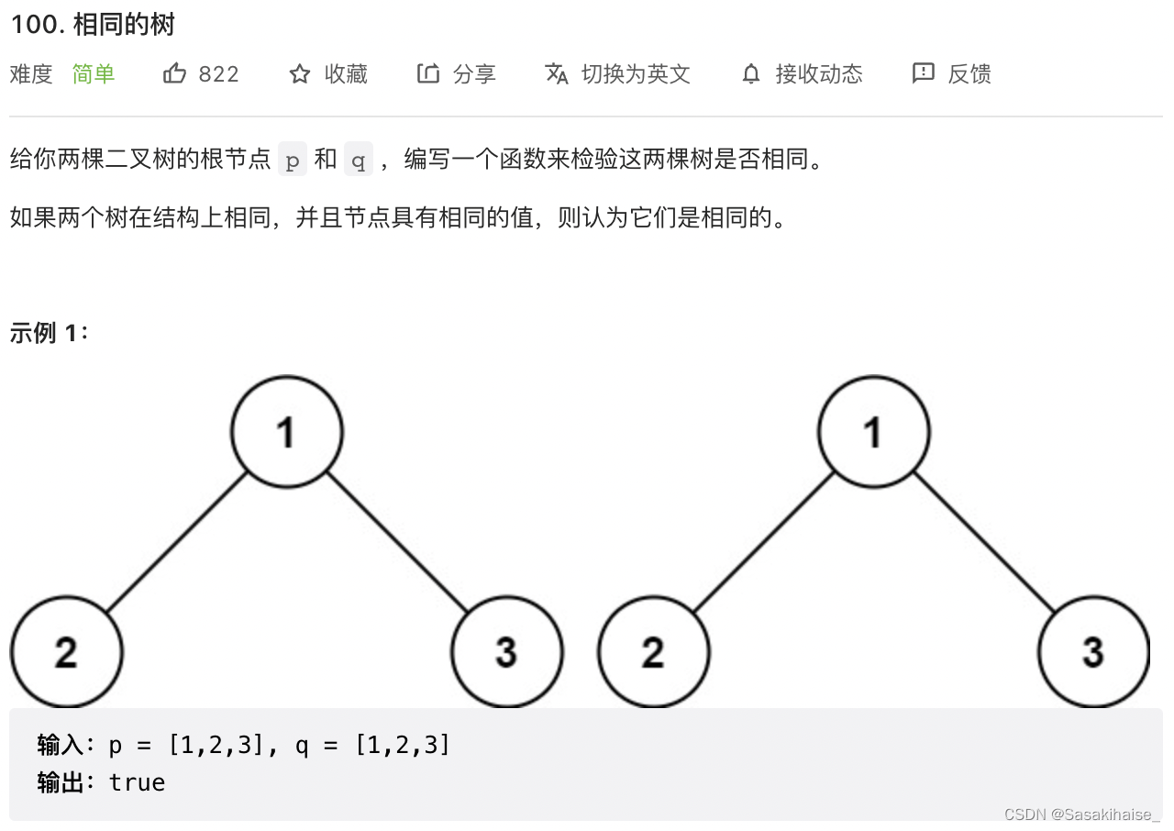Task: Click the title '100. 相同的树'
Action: click(92, 25)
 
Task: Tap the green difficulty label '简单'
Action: click(94, 74)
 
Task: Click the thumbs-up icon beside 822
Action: click(174, 73)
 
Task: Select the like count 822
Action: click(218, 74)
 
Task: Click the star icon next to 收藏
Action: click(300, 74)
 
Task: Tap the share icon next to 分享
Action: click(428, 73)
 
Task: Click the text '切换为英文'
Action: click(636, 74)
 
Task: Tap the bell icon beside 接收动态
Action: click(751, 74)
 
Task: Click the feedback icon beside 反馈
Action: click(923, 73)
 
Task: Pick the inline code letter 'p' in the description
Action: click(293, 161)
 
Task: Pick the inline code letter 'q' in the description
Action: click(359, 161)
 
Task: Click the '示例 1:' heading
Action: click(50, 333)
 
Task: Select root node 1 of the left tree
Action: click(286, 431)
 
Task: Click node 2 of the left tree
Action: click(66, 652)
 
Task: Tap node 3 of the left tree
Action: click(506, 652)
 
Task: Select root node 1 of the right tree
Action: click(873, 431)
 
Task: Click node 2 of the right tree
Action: click(653, 652)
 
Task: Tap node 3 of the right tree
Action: click(1093, 652)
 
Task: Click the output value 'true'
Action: click(137, 782)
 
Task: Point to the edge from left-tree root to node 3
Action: click(396, 542)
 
